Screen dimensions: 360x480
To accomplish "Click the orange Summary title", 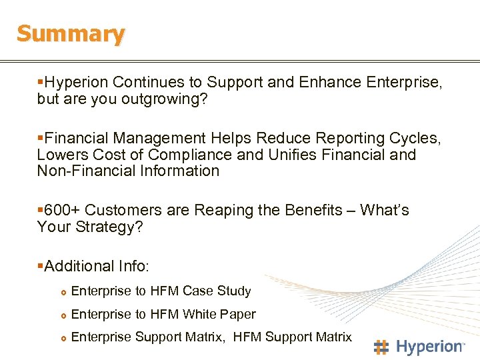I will [x=71, y=34].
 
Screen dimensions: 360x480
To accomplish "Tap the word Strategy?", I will [x=111, y=227].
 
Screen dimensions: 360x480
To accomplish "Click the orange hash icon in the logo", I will [x=381, y=347].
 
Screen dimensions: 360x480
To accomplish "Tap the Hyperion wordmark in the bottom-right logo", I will [x=430, y=347].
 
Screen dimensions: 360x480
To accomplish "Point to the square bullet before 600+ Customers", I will [x=40, y=211].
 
